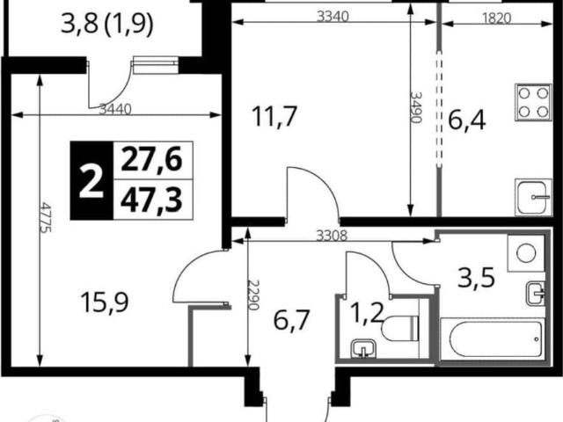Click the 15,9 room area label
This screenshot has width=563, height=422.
[x=105, y=302]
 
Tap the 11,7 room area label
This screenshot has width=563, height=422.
[x=274, y=116]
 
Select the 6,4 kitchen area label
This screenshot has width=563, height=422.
[x=467, y=120]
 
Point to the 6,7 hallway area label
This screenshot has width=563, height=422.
[x=291, y=320]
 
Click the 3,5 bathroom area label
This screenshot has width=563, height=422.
[x=477, y=277]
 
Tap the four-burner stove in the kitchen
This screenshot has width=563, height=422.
[x=533, y=103]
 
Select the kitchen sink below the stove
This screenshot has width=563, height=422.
[x=533, y=197]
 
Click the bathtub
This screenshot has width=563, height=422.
[x=491, y=339]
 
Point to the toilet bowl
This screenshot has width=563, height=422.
[x=400, y=329]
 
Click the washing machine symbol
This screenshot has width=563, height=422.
[x=526, y=253]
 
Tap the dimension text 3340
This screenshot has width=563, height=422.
[x=333, y=17]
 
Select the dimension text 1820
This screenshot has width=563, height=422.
[x=496, y=18]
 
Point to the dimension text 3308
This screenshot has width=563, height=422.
[x=332, y=236]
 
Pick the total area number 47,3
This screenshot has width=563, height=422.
[x=151, y=200]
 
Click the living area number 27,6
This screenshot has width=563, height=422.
[x=151, y=160]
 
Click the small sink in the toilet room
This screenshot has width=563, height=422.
[x=363, y=349]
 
